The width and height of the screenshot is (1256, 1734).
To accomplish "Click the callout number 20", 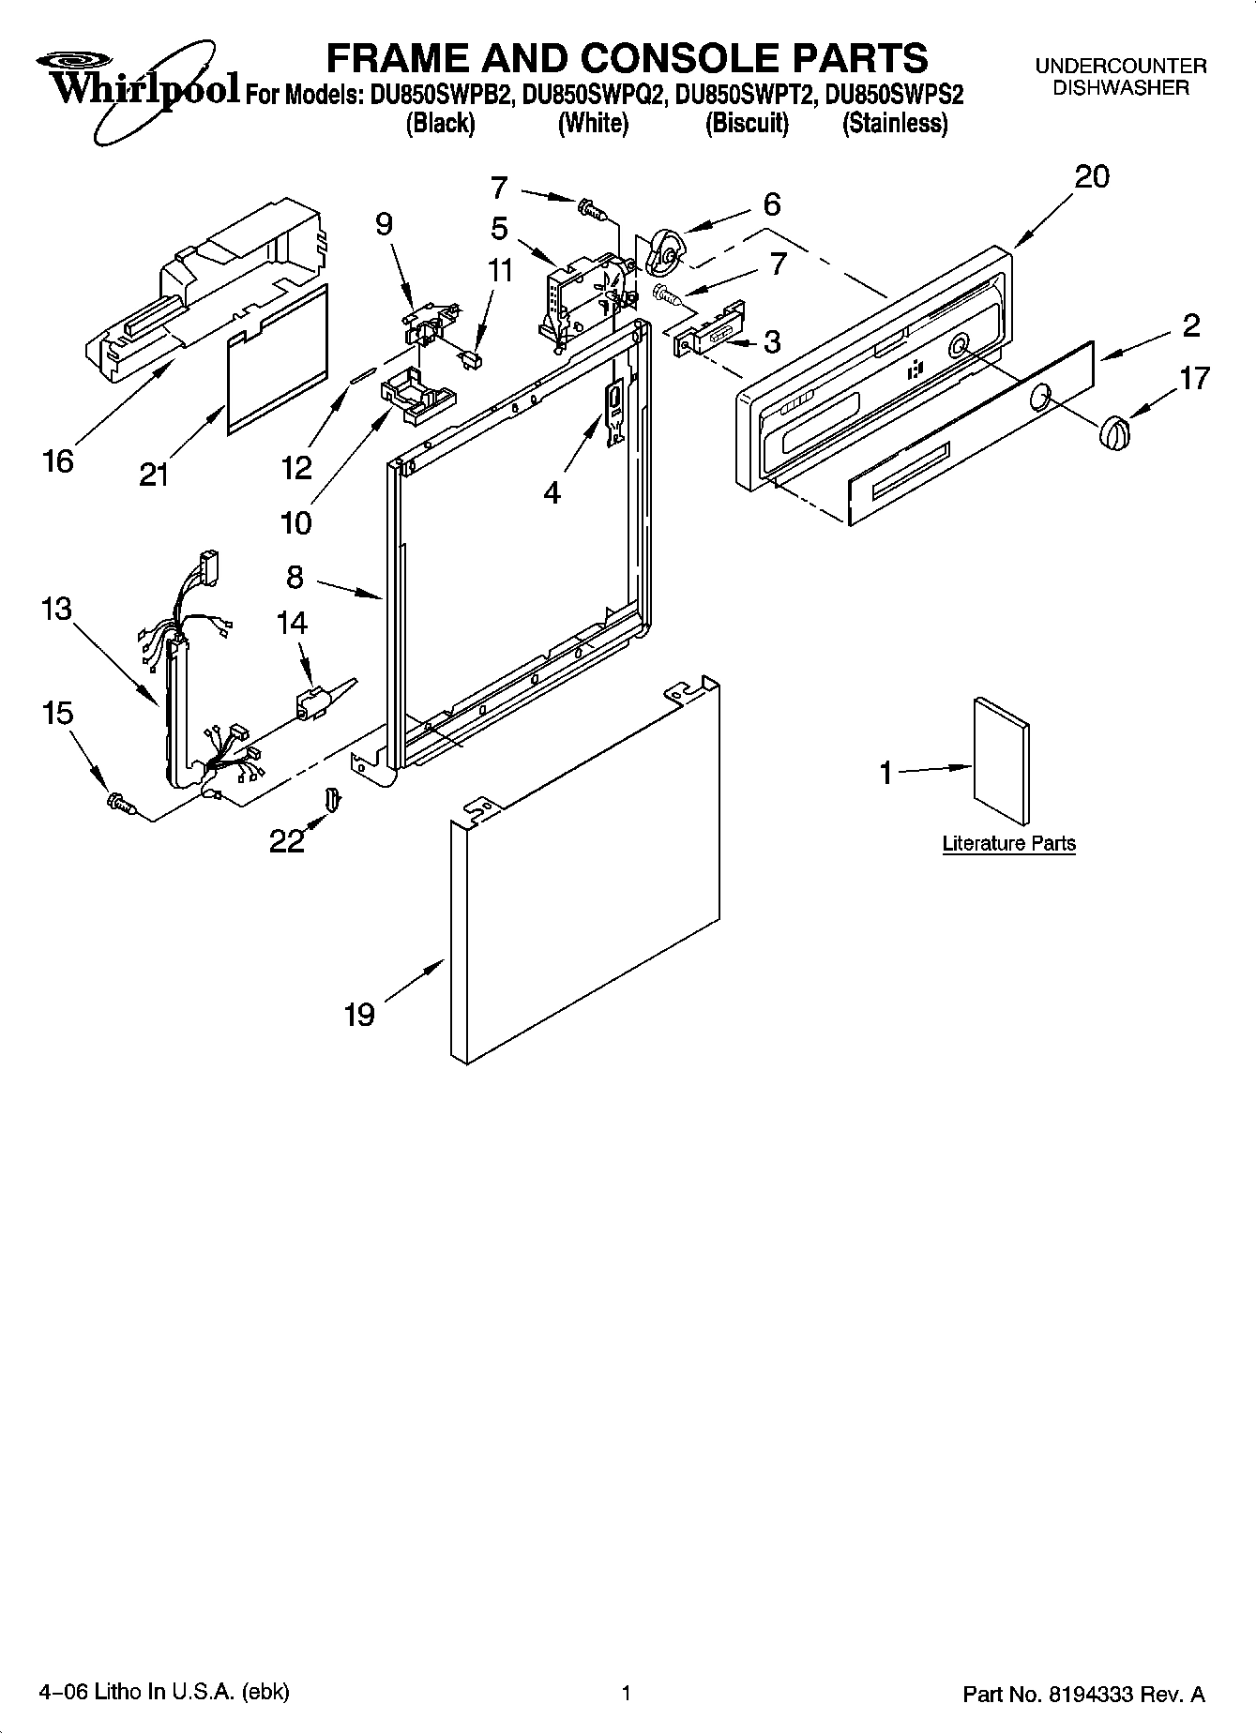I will click(1091, 176).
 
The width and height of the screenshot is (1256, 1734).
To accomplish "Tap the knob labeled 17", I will click(1113, 433).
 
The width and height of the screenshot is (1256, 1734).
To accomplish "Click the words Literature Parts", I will click(1008, 843).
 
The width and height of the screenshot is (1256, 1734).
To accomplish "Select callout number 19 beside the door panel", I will click(359, 1014).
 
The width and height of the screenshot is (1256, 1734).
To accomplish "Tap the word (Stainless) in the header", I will click(894, 123).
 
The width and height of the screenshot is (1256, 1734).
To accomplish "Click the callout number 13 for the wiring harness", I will click(56, 609).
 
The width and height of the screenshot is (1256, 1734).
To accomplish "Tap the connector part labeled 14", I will click(313, 704).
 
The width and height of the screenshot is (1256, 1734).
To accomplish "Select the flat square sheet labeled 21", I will click(279, 361).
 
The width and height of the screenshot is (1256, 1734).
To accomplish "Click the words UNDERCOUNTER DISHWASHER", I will click(1120, 77).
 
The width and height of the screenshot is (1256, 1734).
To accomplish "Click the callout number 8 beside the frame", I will click(295, 578).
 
